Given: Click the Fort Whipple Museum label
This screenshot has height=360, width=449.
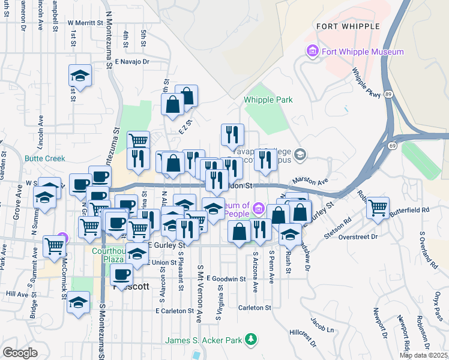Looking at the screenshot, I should [x=362, y=52].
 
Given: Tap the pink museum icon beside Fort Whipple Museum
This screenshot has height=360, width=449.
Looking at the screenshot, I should [x=312, y=52].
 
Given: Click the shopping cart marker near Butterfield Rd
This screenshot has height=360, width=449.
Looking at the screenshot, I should [x=378, y=208].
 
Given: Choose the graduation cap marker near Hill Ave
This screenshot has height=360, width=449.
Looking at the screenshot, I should [x=78, y=303].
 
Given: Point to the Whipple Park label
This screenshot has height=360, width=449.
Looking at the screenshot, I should [x=268, y=100].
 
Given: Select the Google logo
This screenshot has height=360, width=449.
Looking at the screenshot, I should [x=20, y=353].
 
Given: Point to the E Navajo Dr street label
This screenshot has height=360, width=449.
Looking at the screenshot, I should [x=133, y=61].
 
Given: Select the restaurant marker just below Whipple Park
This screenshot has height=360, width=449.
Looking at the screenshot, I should [x=232, y=135].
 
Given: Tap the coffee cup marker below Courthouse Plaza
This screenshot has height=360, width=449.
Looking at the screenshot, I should [x=122, y=275].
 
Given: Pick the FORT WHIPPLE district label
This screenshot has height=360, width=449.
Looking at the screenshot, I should [x=348, y=26].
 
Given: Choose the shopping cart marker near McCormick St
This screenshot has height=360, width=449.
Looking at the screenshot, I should [x=55, y=245].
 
